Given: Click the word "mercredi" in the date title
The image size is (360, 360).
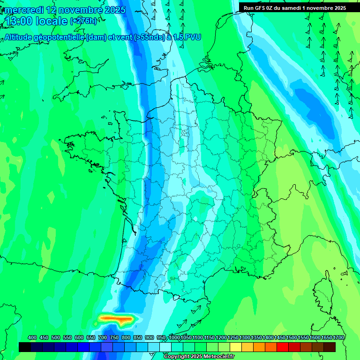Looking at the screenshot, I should pos(24,10).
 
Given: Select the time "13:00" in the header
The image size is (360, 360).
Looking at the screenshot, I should pos(18,21).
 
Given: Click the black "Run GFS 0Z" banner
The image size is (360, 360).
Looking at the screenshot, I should pos(295,7).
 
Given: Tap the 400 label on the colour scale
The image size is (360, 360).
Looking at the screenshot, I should pos(32,337).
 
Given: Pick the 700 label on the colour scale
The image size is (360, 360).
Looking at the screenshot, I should pos(103,337).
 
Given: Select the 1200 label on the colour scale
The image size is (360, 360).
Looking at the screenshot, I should pos(221,337).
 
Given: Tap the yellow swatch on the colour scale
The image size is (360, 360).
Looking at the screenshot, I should pos(236,347).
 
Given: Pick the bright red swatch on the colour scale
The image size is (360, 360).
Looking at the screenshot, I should pos(283,347).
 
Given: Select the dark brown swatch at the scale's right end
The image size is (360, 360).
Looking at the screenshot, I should pos(330,347).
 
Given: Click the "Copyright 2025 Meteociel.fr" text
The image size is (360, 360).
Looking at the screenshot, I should pos(199,356).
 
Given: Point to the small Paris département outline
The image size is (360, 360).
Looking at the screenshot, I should pos(185,133).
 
